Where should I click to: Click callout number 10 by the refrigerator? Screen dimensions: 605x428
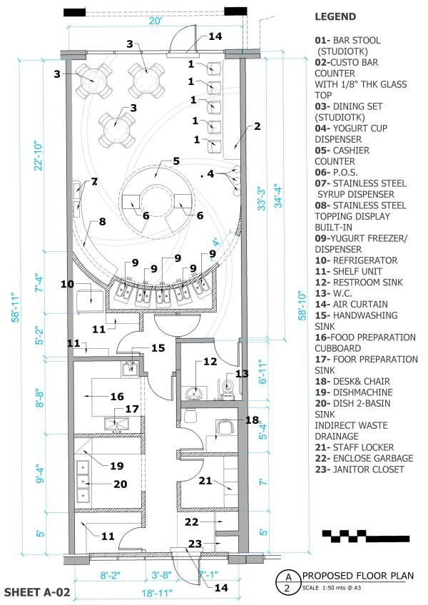click(x=68, y=284)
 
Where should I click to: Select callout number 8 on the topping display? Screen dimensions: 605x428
click(x=102, y=222)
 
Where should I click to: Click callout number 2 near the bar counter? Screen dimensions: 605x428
click(x=257, y=126)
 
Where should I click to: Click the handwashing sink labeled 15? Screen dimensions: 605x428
click(x=130, y=368)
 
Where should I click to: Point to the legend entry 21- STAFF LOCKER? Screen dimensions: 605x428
click(x=353, y=447)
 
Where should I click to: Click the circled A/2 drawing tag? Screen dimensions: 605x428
click(x=287, y=582)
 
